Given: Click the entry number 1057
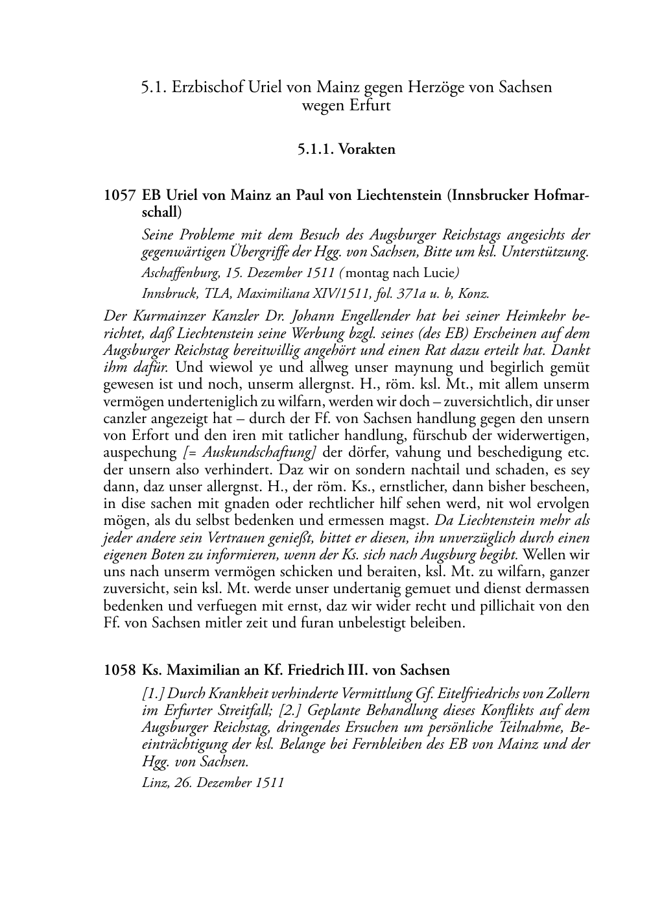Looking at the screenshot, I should tap(119, 195).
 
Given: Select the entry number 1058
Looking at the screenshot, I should tap(119, 670).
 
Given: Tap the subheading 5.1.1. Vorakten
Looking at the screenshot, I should tap(346, 149).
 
